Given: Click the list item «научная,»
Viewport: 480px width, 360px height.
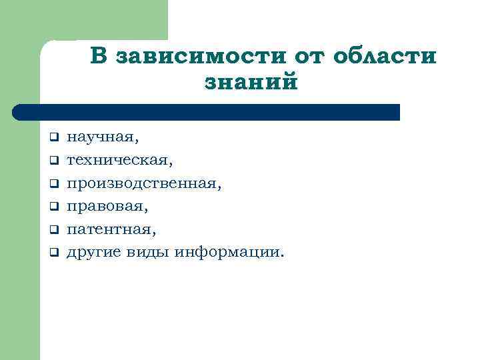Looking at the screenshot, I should (104, 137).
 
